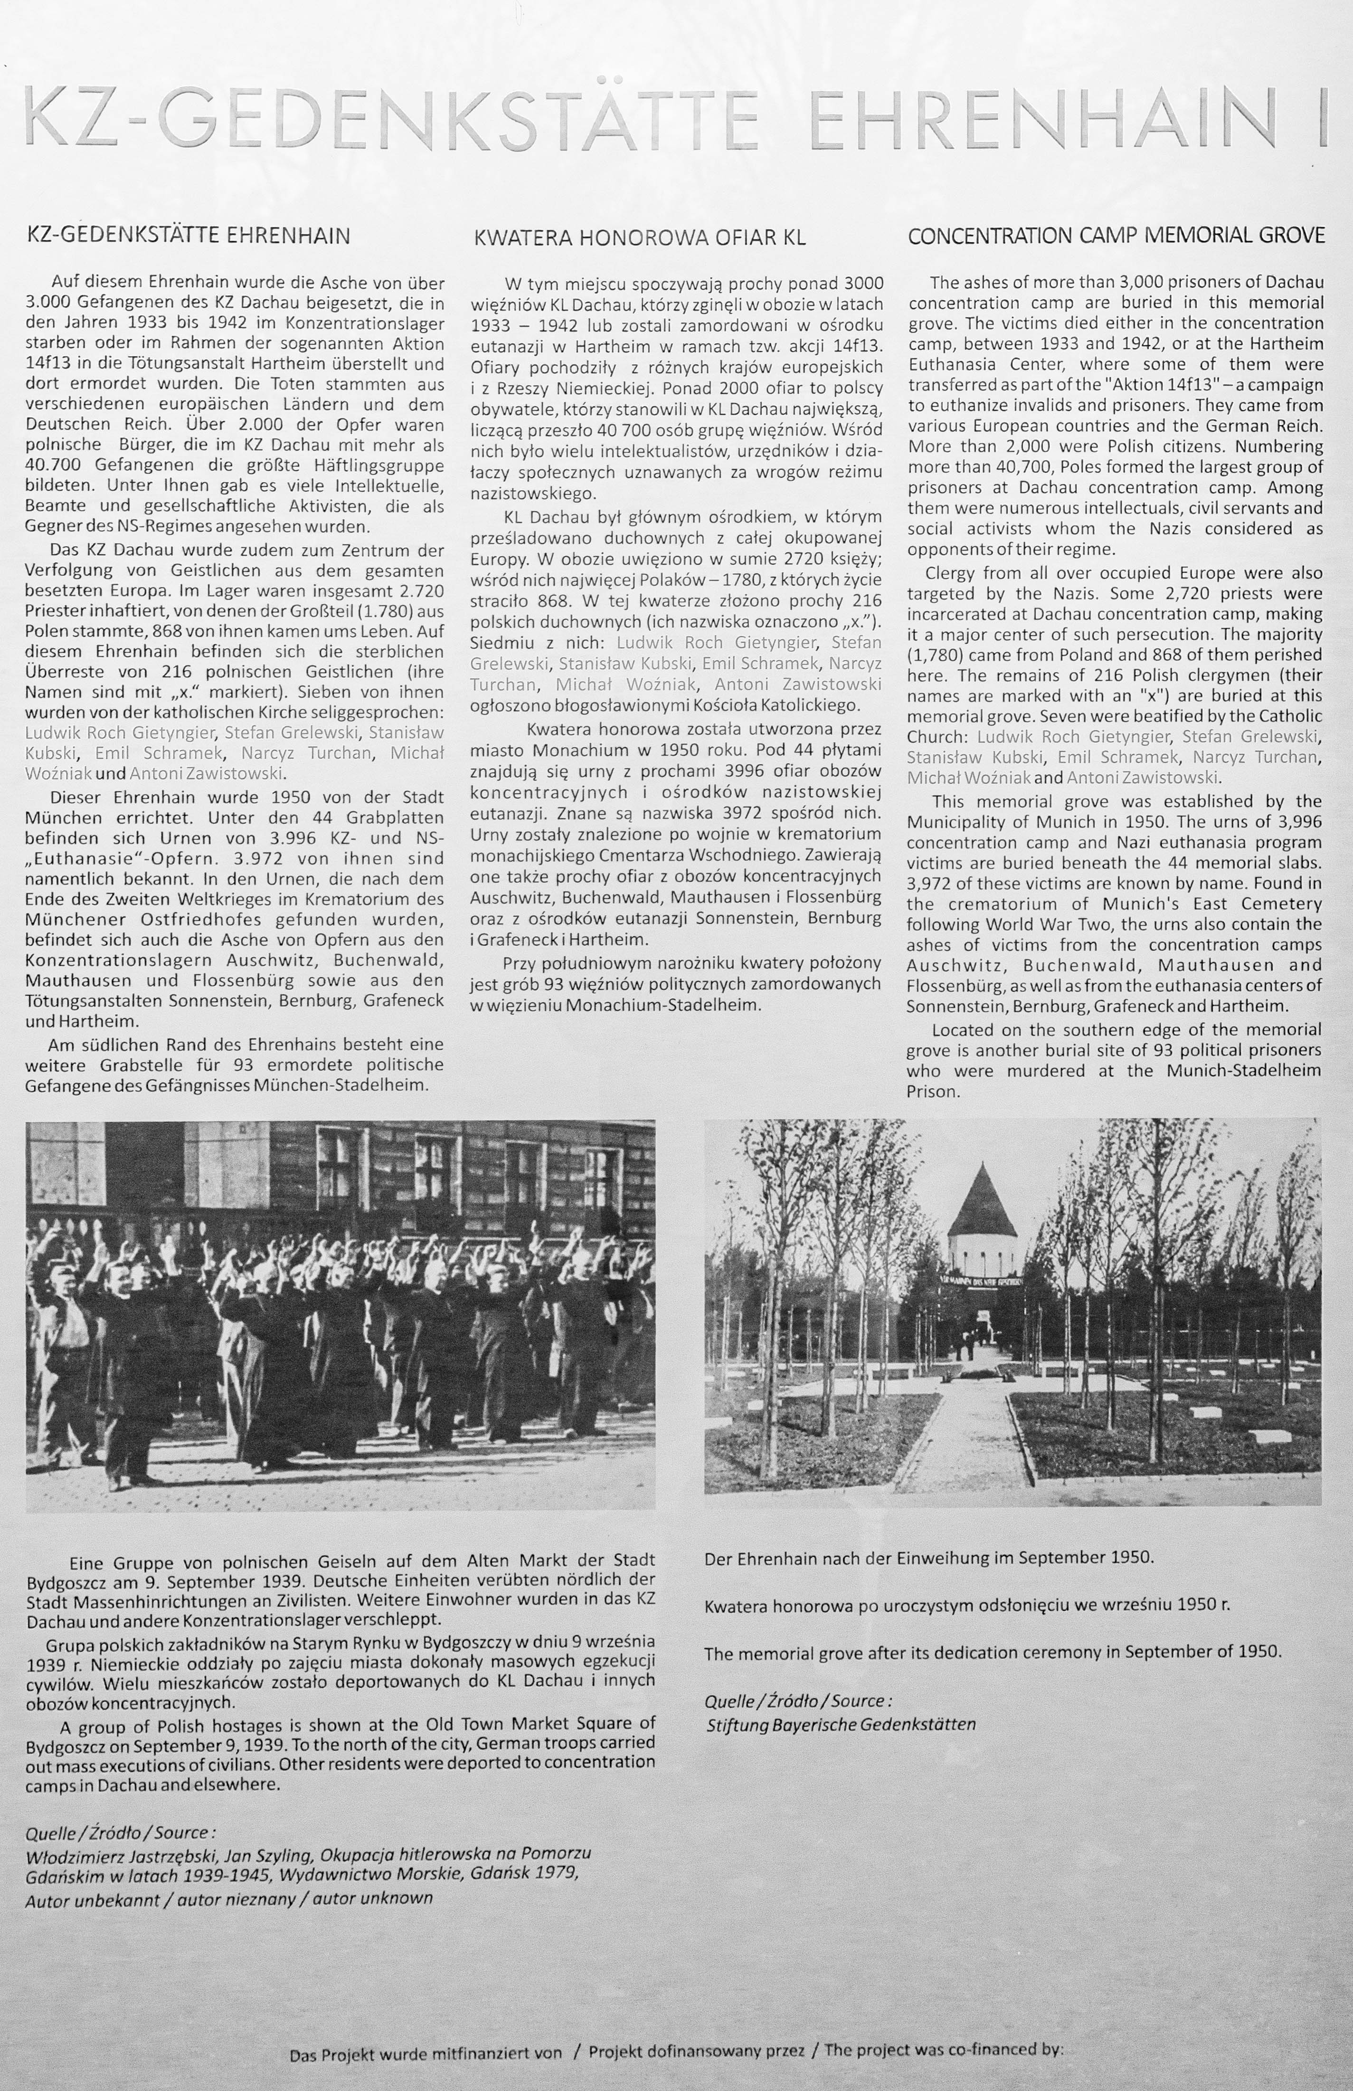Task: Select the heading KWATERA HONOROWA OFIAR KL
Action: (640, 237)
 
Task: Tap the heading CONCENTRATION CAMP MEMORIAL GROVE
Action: (1116, 236)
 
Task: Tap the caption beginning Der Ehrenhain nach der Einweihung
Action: (928, 1558)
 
